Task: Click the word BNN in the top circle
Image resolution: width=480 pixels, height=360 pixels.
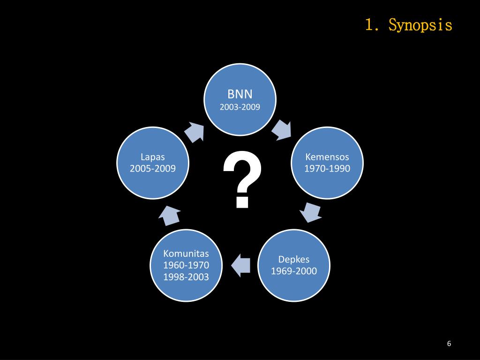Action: point(240,94)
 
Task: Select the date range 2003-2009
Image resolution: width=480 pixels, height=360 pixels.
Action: point(240,107)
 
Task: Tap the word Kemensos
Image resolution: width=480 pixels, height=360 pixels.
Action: point(327,157)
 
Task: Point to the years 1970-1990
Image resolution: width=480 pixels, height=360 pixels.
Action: point(327,168)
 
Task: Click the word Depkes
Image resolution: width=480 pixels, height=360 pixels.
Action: point(294,259)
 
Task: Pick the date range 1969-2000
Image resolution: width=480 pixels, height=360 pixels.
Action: point(294,271)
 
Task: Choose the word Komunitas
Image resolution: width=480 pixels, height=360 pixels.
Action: point(186,254)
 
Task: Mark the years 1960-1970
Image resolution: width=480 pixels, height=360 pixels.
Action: point(186,265)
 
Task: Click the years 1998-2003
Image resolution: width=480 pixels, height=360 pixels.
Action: point(186,277)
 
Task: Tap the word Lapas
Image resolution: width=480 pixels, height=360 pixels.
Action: point(153,157)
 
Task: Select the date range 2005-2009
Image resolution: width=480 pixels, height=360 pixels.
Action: point(153,168)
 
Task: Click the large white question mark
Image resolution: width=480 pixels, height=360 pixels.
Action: point(242,180)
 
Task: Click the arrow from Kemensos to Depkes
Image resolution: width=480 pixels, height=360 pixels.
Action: point(310,213)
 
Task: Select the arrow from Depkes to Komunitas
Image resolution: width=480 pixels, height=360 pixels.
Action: point(241,265)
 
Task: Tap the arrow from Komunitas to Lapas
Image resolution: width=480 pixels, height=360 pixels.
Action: point(169,215)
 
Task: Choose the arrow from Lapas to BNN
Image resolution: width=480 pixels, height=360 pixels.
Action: point(195,132)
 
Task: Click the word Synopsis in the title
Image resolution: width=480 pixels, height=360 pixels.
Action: point(420,25)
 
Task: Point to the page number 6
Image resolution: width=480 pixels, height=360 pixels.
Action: point(449,344)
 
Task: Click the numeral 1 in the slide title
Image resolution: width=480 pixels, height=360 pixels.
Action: point(369,25)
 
